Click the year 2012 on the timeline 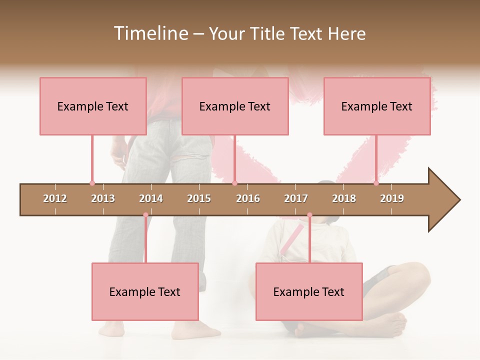pos(55,198)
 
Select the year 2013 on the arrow pos(103,198)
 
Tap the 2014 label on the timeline pos(151,198)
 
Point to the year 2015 pos(199,198)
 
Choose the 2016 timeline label pos(248,198)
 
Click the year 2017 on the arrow pos(296,198)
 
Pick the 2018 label pos(344,198)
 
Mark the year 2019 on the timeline pos(392,198)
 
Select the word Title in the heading pos(269,33)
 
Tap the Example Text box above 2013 pos(93,106)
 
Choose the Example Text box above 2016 pos(235,106)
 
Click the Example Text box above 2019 pos(377,106)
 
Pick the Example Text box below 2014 pos(145,291)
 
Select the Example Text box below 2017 pos(309,291)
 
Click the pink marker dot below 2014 pos(145,215)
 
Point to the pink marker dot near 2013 pos(92,183)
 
